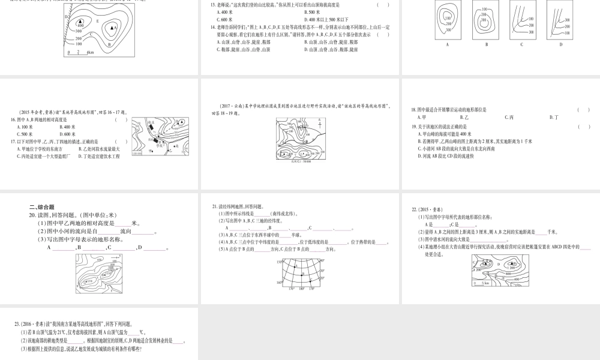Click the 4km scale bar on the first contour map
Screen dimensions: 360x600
click(78, 53)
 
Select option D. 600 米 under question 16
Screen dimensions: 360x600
click(68, 134)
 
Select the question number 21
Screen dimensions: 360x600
click(214, 206)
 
